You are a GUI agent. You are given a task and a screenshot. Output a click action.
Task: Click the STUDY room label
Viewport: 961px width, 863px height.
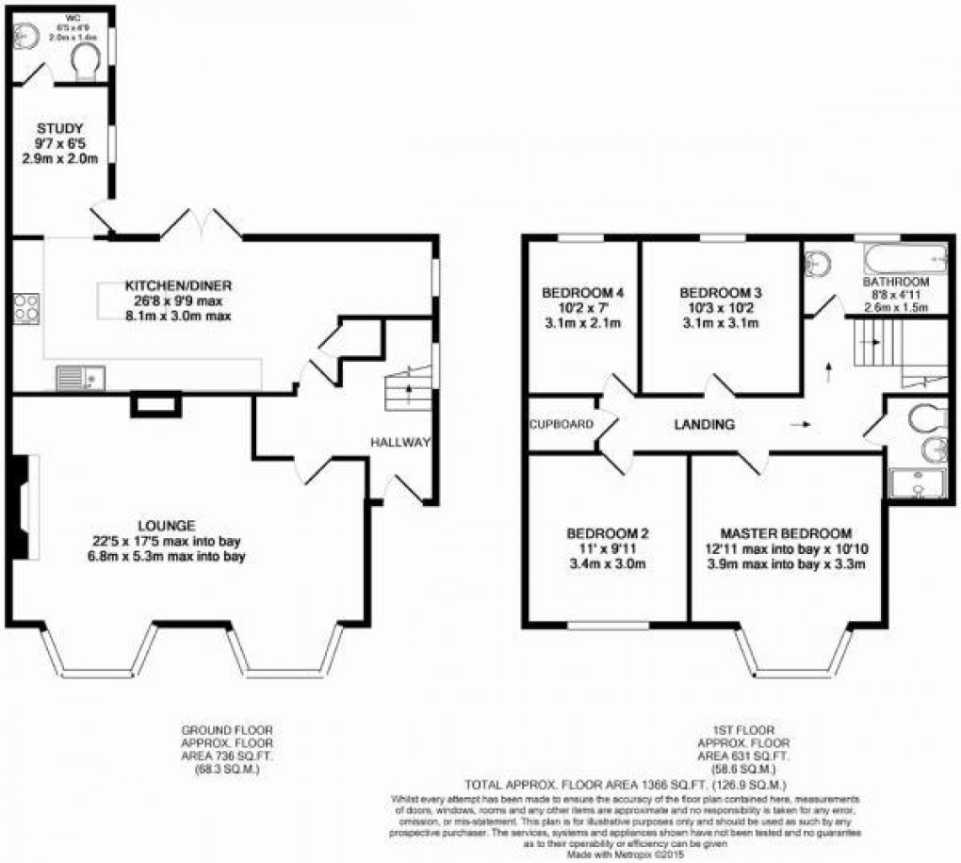click(x=60, y=129)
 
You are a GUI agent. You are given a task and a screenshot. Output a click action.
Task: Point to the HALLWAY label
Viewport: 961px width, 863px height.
click(x=399, y=442)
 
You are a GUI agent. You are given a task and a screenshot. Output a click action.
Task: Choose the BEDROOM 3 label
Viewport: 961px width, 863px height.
click(x=720, y=292)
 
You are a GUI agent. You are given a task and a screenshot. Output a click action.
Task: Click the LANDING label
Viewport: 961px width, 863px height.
click(x=704, y=425)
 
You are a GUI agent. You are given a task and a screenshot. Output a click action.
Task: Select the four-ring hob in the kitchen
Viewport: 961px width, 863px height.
click(x=25, y=308)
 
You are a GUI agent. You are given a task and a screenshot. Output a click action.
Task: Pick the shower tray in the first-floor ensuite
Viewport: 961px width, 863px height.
click(x=909, y=482)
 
